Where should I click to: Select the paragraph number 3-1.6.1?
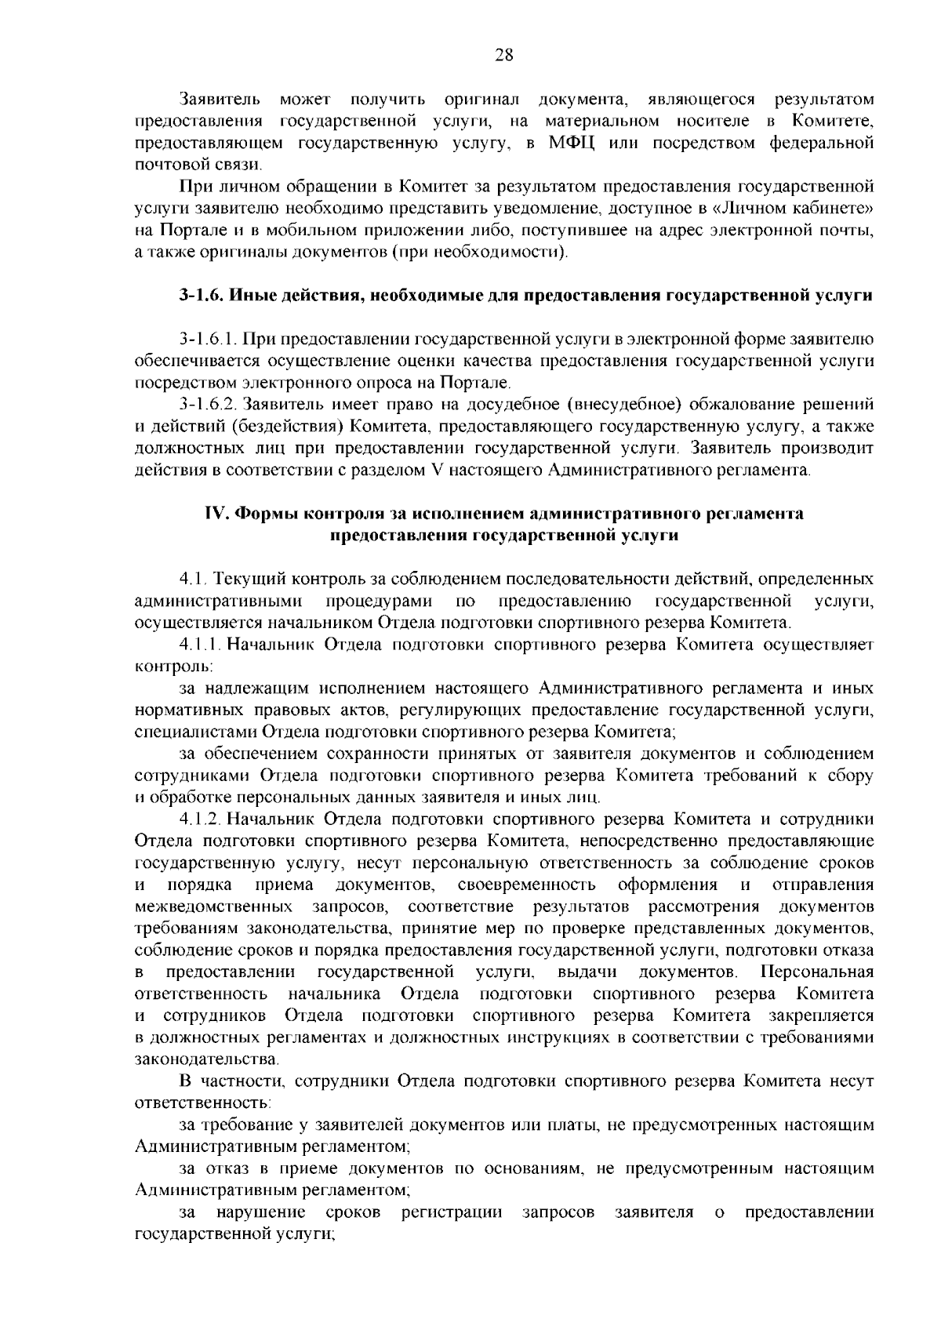pos(207,340)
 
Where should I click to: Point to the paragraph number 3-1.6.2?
pos(207,405)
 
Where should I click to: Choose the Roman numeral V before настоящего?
pos(437,471)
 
